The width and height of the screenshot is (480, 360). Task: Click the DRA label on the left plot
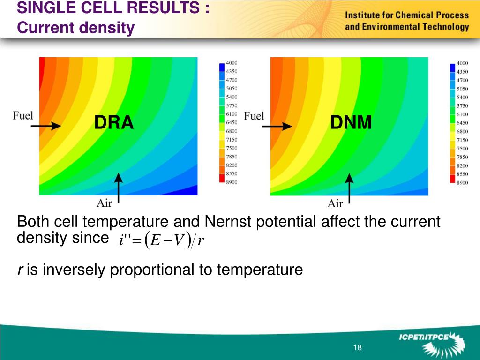pos(114,122)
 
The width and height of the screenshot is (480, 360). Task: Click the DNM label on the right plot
pos(351,122)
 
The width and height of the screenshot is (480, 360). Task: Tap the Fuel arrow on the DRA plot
pos(45,126)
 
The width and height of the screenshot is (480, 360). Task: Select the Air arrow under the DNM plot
pos(349,188)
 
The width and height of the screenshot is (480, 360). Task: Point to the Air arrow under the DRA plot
pos(119,188)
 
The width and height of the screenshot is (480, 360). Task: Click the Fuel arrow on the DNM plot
pos(277,126)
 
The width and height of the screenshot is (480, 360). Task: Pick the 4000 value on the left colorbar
pos(232,63)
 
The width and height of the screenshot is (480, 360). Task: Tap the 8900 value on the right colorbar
pos(462,182)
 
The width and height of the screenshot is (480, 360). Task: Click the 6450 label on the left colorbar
pos(232,122)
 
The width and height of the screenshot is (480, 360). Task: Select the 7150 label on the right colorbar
pos(462,140)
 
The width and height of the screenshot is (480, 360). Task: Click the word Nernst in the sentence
pos(227,221)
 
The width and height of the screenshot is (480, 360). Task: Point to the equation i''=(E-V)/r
pos(161,240)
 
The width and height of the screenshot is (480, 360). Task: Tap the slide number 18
pos(357,347)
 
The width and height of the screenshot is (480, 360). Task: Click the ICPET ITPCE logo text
pos(424,337)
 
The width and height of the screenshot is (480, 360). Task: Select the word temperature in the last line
pos(260,270)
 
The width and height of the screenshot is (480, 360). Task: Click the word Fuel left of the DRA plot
pos(23,115)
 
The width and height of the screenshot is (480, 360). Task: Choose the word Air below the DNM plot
pos(335,203)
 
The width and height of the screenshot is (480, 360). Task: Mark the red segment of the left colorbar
pos(222,178)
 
